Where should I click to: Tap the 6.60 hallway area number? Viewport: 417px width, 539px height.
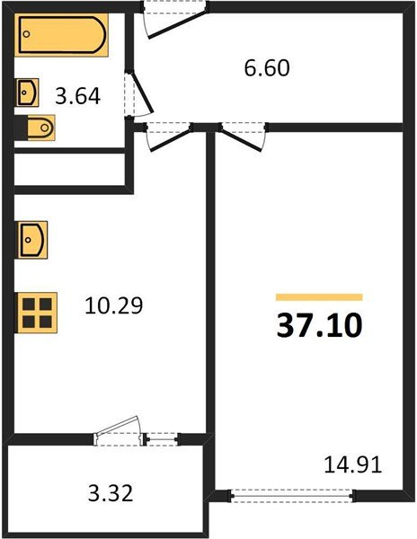(268, 67)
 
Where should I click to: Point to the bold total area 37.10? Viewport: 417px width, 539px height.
(319, 324)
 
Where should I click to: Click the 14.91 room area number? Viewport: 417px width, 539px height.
(352, 464)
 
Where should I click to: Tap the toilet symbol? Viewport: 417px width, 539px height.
(37, 128)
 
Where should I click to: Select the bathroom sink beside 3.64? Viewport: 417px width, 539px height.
(28, 92)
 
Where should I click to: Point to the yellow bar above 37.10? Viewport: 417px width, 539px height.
(319, 296)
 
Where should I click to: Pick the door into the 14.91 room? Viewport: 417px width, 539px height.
(242, 135)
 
